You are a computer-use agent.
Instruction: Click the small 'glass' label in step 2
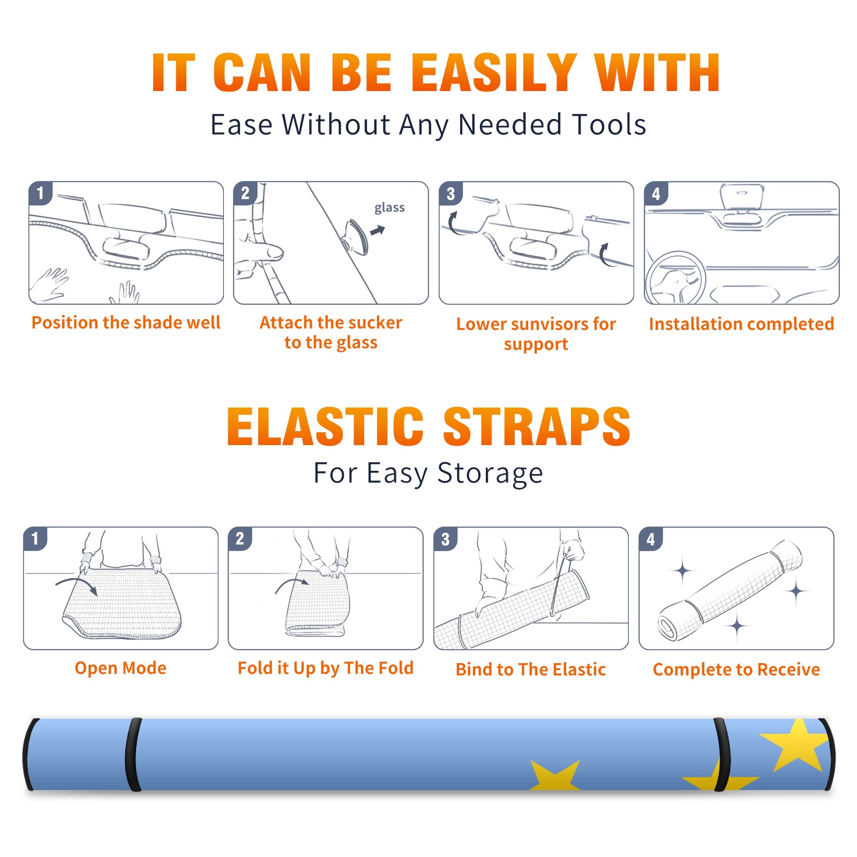(389, 207)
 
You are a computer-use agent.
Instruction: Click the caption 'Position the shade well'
(126, 322)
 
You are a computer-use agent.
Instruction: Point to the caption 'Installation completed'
(741, 324)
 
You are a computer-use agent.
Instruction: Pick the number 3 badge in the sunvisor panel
(450, 193)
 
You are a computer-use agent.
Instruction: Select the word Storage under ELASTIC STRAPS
(490, 473)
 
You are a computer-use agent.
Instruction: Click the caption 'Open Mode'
(121, 668)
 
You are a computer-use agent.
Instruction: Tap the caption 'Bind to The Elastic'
(531, 670)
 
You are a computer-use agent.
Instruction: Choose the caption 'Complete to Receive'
(736, 670)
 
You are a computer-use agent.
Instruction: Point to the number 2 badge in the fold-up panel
(239, 538)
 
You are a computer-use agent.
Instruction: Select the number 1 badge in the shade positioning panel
(40, 193)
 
